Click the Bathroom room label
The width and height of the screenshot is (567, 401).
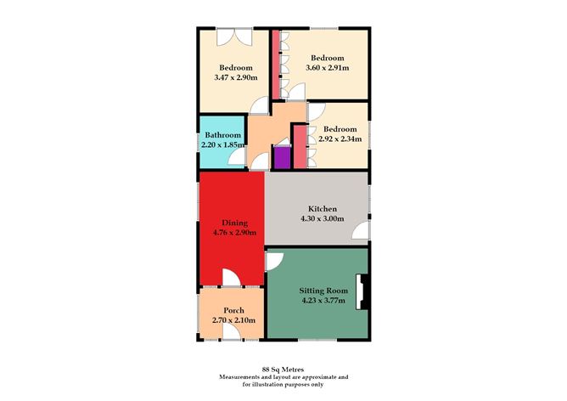point(222,134)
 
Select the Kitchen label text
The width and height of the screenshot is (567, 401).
point(323,209)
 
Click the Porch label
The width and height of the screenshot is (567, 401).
point(233,311)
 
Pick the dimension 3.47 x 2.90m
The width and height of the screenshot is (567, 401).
point(236,78)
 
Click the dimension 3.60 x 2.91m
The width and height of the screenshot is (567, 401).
point(328,67)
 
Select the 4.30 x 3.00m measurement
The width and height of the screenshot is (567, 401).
point(323,218)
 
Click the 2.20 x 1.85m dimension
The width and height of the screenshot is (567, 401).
point(222,144)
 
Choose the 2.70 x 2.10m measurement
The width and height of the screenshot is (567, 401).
point(233,320)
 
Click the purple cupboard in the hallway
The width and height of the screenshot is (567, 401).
point(281,159)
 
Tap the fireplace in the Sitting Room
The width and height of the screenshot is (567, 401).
point(363,291)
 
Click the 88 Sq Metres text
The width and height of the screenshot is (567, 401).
point(283,369)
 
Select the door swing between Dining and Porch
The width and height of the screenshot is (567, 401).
point(231,278)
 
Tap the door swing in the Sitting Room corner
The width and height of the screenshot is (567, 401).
point(275,260)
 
